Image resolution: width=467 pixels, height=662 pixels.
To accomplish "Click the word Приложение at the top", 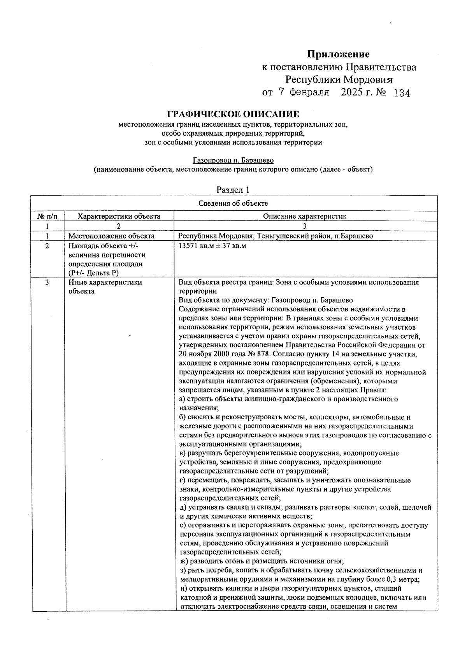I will [338, 54].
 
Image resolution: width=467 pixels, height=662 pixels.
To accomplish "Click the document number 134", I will [402, 93].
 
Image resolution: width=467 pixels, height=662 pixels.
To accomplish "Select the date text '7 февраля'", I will [304, 93].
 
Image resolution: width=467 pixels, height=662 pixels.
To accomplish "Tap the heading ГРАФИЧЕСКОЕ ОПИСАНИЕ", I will [233, 114].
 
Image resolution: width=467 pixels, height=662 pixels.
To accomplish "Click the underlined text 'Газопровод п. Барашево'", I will [233, 160].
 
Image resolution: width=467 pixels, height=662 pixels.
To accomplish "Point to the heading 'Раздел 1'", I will [233, 190].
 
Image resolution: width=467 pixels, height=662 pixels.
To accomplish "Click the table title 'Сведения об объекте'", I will [233, 203].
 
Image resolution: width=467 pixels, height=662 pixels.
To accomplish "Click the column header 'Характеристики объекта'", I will [119, 216].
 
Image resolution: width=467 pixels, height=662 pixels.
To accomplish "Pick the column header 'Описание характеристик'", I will [304, 216].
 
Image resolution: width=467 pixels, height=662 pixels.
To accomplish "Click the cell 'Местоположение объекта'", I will [111, 236].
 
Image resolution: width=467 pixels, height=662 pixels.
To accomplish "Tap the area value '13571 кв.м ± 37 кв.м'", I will [212, 246].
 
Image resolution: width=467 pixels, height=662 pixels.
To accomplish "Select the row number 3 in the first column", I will [47, 282].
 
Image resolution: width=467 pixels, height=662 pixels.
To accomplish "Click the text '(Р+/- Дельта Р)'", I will [93, 273].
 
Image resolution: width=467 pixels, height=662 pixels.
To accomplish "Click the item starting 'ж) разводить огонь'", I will [261, 561].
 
